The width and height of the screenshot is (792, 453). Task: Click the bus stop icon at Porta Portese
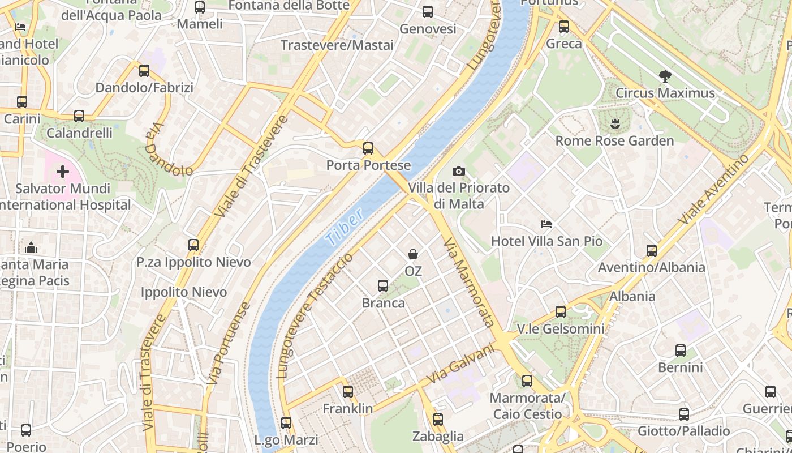pyautogui.click(x=368, y=148)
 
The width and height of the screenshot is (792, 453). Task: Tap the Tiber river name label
pyautogui.click(x=345, y=228)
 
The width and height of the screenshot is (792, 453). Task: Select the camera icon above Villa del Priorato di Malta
pyautogui.click(x=459, y=171)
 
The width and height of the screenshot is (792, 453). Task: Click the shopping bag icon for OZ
pyautogui.click(x=413, y=254)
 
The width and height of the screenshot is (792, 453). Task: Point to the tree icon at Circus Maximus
pyautogui.click(x=665, y=76)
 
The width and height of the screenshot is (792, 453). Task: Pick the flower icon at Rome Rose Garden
pyautogui.click(x=614, y=123)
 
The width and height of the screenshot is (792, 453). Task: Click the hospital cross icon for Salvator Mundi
pyautogui.click(x=62, y=171)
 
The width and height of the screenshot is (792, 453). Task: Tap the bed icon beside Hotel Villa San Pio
pyautogui.click(x=546, y=224)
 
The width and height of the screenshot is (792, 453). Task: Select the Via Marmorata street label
pyautogui.click(x=470, y=283)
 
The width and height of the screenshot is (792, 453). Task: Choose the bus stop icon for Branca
pyautogui.click(x=383, y=286)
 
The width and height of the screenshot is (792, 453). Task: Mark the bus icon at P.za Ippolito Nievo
pyautogui.click(x=193, y=245)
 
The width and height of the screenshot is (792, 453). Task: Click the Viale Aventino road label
pyautogui.click(x=715, y=189)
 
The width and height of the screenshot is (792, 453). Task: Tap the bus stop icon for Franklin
pyautogui.click(x=347, y=391)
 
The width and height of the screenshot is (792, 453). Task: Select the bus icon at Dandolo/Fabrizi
pyautogui.click(x=144, y=71)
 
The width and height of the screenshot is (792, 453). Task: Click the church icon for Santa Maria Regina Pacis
pyautogui.click(x=31, y=247)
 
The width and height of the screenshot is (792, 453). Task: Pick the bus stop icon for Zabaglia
pyautogui.click(x=437, y=420)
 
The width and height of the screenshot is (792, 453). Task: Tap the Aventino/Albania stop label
pyautogui.click(x=651, y=267)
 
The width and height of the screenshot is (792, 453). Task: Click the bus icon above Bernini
pyautogui.click(x=680, y=351)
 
